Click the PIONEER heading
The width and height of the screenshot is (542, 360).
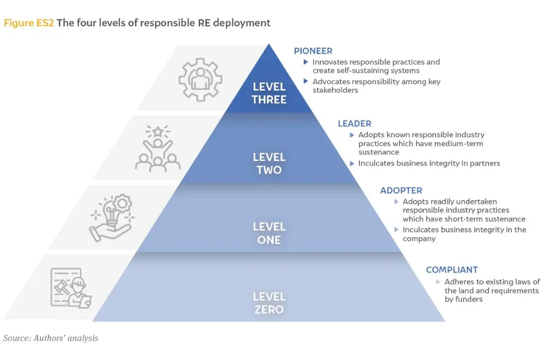point(313,51)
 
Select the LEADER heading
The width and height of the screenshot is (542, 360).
point(355,124)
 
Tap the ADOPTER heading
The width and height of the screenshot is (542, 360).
point(401,191)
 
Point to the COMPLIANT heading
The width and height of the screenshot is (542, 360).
point(451,270)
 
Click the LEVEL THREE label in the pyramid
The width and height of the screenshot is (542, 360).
point(269,93)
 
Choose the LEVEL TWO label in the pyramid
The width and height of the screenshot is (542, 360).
point(269,164)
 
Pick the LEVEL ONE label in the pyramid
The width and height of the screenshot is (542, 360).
point(269,233)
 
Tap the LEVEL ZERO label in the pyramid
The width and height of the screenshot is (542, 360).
point(269,303)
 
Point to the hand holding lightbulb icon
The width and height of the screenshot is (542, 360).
point(113,218)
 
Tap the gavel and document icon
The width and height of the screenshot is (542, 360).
point(70,287)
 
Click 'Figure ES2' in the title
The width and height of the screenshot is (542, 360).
point(28,23)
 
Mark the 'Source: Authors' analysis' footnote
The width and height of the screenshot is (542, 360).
point(51,338)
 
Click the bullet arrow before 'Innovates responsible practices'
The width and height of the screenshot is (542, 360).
point(306,62)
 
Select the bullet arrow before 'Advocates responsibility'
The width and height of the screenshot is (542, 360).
point(306,82)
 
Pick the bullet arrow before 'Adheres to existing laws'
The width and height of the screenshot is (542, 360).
point(438,282)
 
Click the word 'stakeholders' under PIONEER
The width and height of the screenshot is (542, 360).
point(335,90)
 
